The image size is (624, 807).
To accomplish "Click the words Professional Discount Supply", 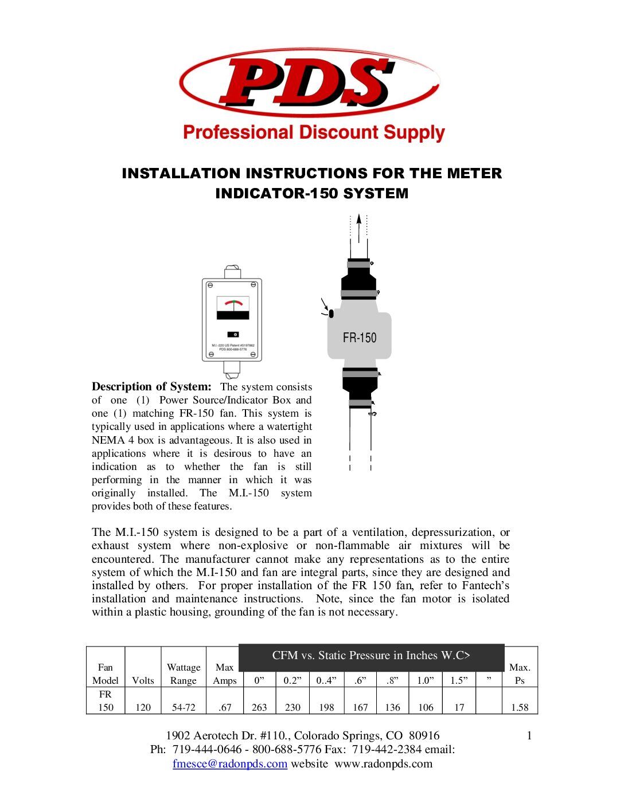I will (x=314, y=132).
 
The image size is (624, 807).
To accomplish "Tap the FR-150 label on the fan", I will (x=360, y=338).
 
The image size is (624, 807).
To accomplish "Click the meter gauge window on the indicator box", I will (x=233, y=308).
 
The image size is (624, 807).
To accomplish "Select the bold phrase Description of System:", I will (x=151, y=387).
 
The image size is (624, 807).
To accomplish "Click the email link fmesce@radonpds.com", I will (x=230, y=763).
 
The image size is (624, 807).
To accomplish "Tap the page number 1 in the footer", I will (x=529, y=735).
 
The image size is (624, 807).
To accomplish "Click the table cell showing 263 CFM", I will (x=259, y=707).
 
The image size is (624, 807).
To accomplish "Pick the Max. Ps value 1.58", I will (x=520, y=707).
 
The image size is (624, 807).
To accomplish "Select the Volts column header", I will (x=143, y=680).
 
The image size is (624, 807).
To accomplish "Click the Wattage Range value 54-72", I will (x=184, y=707).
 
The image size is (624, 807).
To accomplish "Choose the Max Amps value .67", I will (x=225, y=707).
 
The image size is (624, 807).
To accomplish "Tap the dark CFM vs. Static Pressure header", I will (x=371, y=656).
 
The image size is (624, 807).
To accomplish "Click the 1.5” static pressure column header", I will (x=459, y=680).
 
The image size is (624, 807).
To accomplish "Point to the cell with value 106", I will (x=426, y=707).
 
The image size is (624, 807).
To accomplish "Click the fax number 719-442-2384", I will (x=387, y=749).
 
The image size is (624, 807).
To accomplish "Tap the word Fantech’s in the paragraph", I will (x=486, y=585).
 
